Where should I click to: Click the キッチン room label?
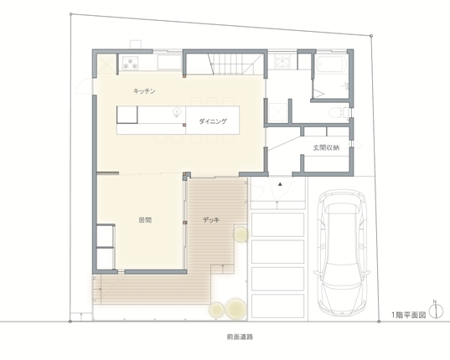(x=144, y=91)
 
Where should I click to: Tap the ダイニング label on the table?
(x=213, y=121)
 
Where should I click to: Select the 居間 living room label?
(x=145, y=220)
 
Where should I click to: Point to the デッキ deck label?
(x=211, y=220)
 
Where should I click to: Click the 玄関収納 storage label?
(x=326, y=147)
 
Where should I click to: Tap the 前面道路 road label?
(x=240, y=337)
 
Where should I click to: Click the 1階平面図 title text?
(x=409, y=315)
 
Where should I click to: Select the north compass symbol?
(x=436, y=311)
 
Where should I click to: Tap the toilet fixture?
(x=339, y=112)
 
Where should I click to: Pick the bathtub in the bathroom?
(x=331, y=64)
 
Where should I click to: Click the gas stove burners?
(x=130, y=63)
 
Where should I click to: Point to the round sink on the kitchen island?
(x=177, y=112)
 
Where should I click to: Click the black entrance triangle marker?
(x=280, y=184)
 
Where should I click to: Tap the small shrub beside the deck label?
(x=241, y=234)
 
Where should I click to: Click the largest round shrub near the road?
(x=236, y=309)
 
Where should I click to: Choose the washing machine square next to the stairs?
(x=282, y=61)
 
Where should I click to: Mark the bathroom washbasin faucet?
(x=345, y=85)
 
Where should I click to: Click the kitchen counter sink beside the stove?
(x=169, y=62)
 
